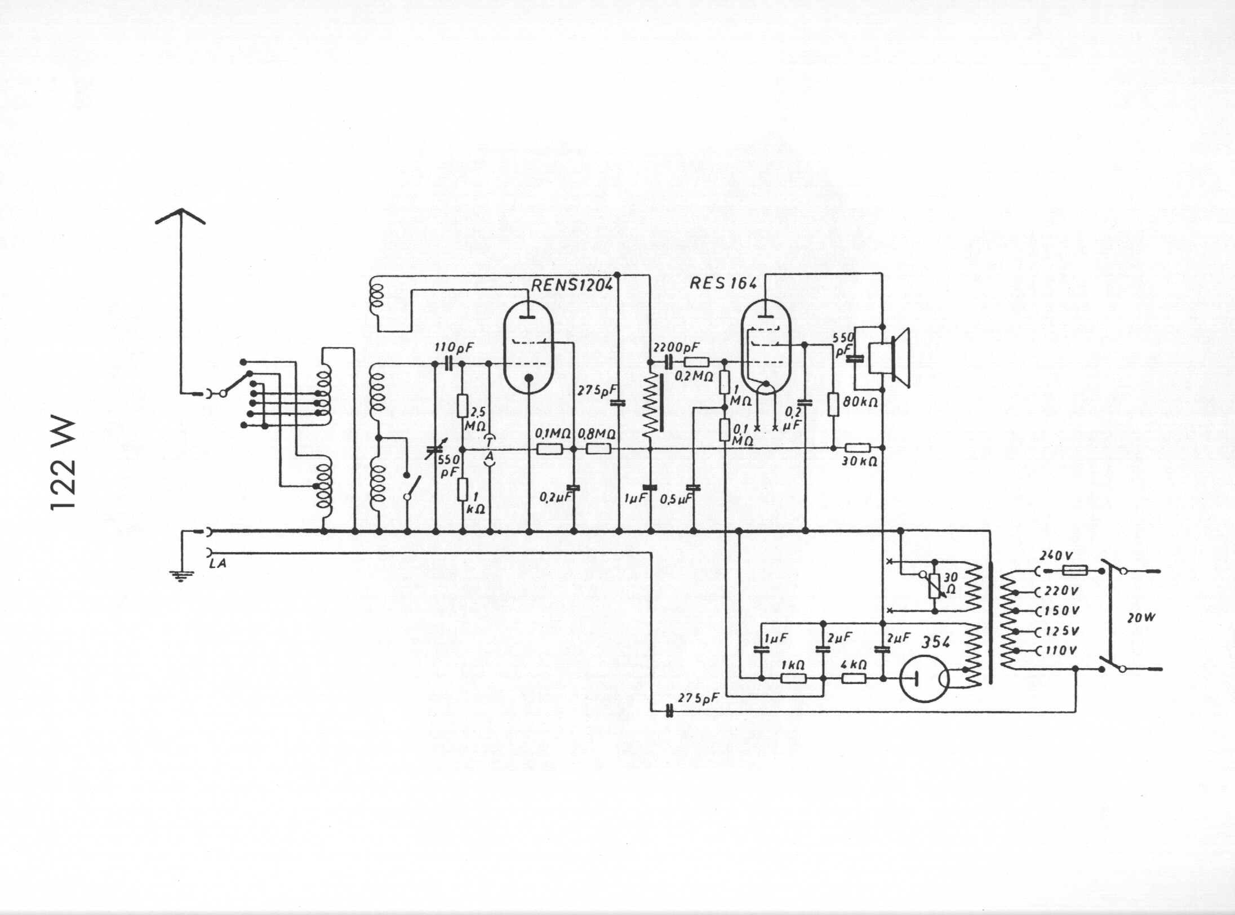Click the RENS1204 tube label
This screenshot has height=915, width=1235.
[x=571, y=285]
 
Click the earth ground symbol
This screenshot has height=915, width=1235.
[x=181, y=576]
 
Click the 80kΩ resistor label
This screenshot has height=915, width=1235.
[x=860, y=403]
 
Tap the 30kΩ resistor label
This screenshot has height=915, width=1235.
[x=859, y=461]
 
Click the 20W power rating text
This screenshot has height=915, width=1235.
[x=1141, y=618]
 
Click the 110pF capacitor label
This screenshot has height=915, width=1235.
[x=454, y=348]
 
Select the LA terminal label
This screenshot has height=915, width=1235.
[x=217, y=563]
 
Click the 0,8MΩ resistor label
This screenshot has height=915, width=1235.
[x=597, y=434]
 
